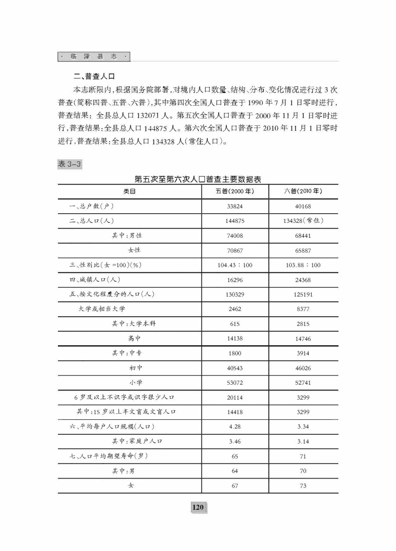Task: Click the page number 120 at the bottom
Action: pos(198,508)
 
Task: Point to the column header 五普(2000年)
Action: pos(235,192)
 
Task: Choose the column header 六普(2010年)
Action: pos(303,192)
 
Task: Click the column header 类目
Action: pos(130,192)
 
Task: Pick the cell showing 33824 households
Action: pos(235,206)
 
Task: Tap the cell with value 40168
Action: pos(303,206)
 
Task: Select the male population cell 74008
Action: pos(235,236)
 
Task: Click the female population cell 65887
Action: pos(303,250)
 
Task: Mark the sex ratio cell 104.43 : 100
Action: pos(235,265)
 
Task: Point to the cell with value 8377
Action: pos(303,309)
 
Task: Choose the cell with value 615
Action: pos(235,324)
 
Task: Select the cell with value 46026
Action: pos(303,368)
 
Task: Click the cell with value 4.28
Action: pos(235,427)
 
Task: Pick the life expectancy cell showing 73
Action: pos(303,486)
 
